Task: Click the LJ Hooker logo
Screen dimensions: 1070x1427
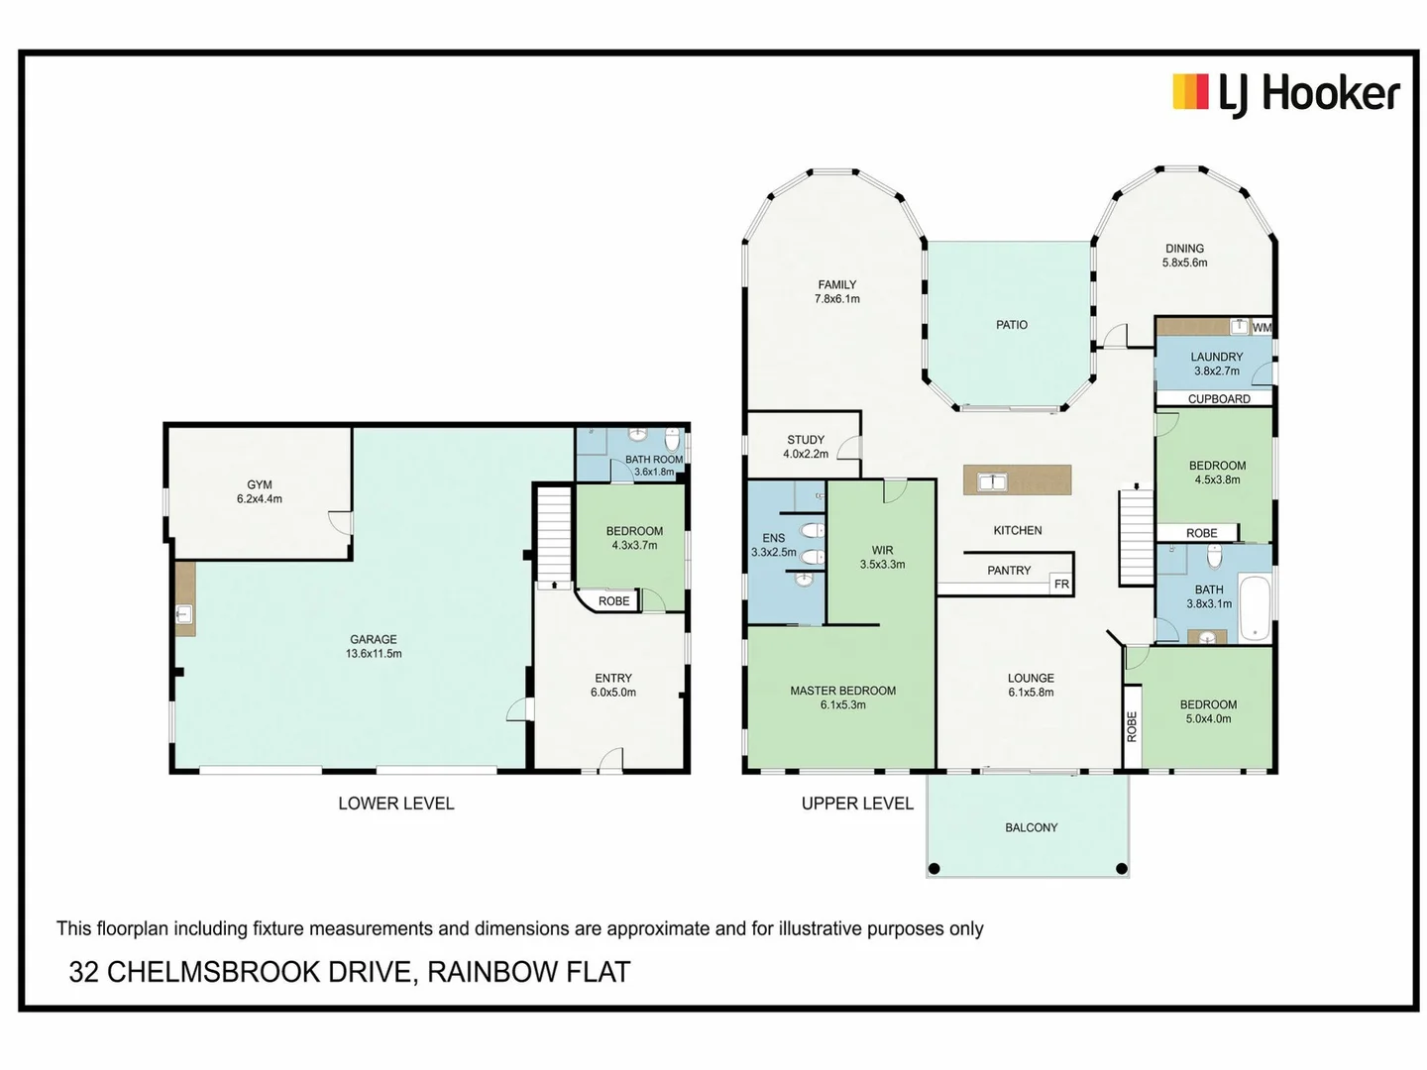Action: click(x=1285, y=94)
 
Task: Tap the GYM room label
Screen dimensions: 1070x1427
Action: click(x=260, y=491)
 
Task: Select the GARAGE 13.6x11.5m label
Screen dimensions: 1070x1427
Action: click(x=374, y=646)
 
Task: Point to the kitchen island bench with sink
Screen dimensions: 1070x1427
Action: click(x=1018, y=481)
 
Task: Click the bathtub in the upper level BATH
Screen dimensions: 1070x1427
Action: click(x=1255, y=607)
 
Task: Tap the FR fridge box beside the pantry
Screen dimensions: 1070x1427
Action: click(x=1061, y=585)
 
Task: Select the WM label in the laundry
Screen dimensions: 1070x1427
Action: click(x=1262, y=327)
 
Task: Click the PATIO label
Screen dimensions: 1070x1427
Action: click(x=1012, y=325)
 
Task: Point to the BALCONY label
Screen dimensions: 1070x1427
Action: click(x=1031, y=827)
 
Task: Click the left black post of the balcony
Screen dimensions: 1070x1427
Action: click(x=933, y=869)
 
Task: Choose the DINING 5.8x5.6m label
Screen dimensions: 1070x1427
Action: click(x=1184, y=256)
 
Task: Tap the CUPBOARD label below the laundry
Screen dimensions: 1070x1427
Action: click(x=1219, y=399)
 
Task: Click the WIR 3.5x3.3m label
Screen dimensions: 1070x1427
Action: click(x=882, y=557)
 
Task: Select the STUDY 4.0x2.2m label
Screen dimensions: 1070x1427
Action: click(x=806, y=447)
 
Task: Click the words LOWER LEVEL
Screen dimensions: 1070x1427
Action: click(x=395, y=803)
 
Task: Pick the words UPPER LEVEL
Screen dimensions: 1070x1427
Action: click(x=857, y=803)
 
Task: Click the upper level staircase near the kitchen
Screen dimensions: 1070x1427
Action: click(x=1137, y=538)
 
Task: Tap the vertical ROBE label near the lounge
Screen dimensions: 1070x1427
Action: click(x=1132, y=726)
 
